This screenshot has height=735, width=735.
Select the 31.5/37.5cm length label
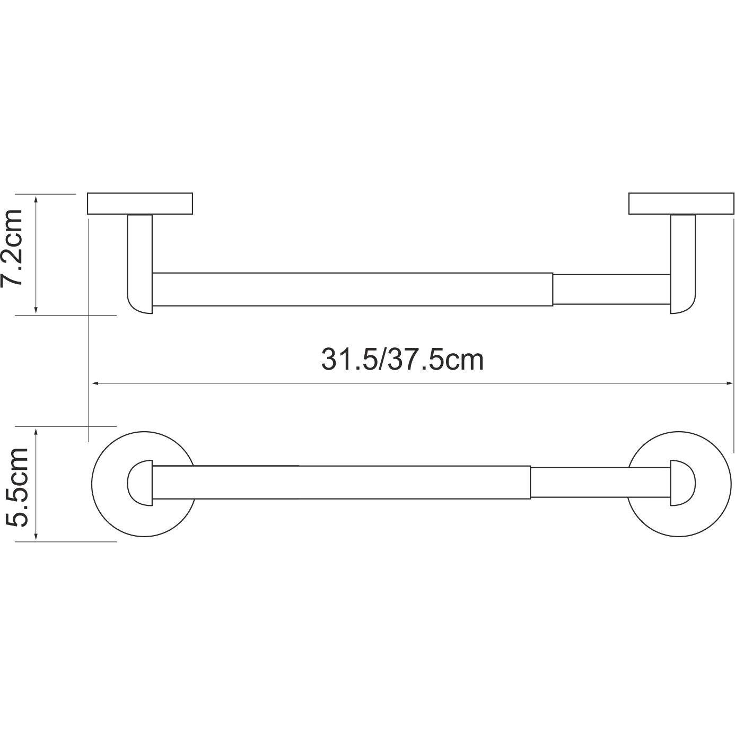402,360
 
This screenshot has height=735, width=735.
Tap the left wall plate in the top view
140,204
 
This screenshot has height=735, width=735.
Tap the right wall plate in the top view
681,204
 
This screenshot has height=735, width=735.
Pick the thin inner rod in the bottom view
599,483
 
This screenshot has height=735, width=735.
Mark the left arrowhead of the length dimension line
94,382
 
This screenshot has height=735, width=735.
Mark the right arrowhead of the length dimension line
729,382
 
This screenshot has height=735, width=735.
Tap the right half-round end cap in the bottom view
680,483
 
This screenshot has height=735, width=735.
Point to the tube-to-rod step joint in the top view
553,290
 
